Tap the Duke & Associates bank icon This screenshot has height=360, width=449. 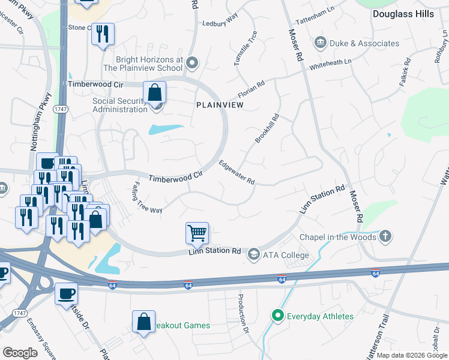tap(320, 43)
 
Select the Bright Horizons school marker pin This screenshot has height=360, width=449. tap(192, 62)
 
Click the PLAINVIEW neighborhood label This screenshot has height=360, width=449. tap(220, 104)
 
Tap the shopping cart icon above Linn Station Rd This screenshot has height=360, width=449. tap(197, 232)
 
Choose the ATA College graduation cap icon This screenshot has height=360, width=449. tap(254, 255)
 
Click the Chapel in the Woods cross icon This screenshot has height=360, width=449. tap(385, 236)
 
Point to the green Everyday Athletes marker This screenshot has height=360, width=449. tap(277, 315)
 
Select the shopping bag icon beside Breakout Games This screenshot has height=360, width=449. tap(144, 322)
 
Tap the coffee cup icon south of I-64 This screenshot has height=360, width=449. tap(67, 294)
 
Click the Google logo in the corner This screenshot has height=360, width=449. tap(20, 352)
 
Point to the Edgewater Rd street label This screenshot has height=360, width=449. tap(237, 172)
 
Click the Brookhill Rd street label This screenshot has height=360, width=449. tap(267, 128)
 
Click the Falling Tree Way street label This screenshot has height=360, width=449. tap(147, 198)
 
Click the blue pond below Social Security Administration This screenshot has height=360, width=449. tap(166, 129)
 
